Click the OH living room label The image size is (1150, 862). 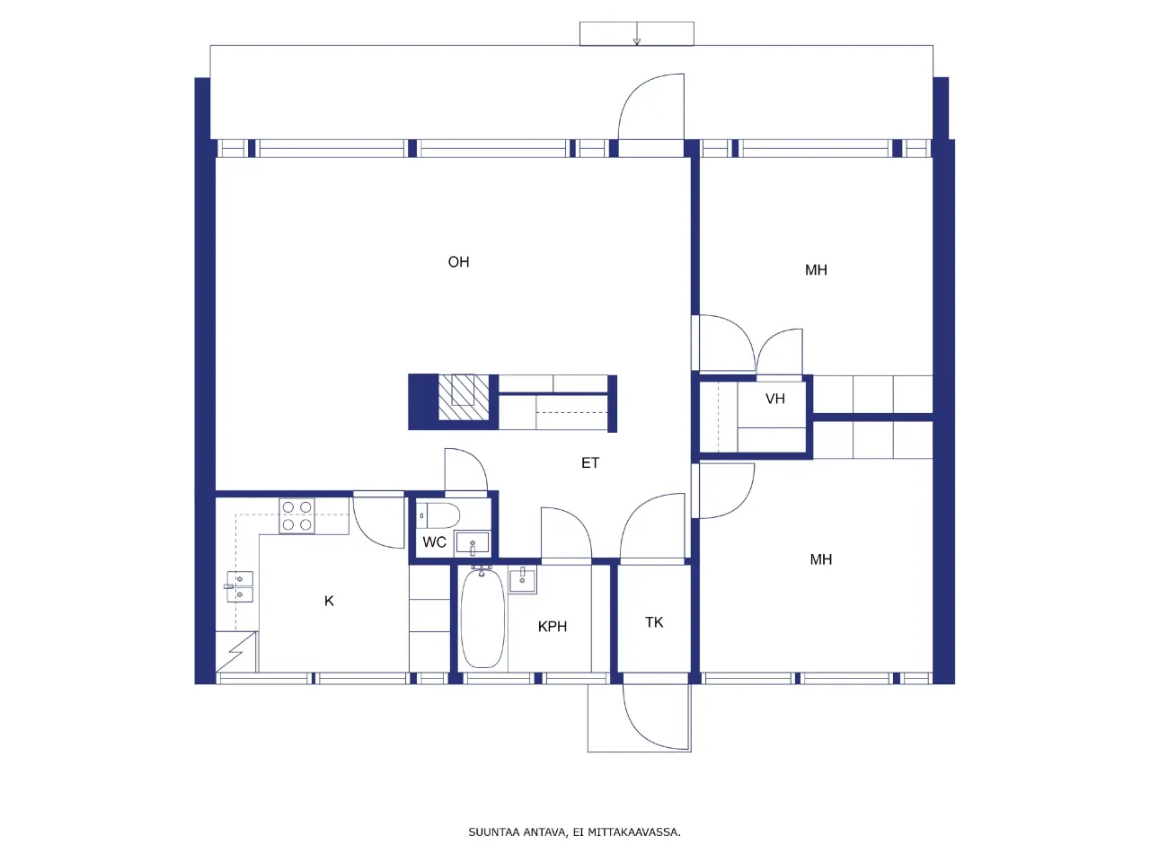coord(458,262)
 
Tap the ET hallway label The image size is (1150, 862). coord(589,463)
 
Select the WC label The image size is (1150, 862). coord(434,542)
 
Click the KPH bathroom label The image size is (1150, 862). coord(552,627)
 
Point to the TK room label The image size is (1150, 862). coord(654,622)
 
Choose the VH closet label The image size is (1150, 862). coord(774,399)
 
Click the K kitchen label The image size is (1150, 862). coord(329,602)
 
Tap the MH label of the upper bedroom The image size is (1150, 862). coord(816,270)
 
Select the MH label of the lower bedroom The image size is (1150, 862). coord(820,559)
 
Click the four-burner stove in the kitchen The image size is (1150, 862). coord(296,516)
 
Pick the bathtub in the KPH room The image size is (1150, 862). coord(482,618)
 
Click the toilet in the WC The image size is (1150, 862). coord(440,515)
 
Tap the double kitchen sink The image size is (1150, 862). coord(239,586)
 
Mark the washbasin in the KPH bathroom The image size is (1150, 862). coord(523,580)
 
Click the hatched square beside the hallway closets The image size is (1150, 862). coord(464,397)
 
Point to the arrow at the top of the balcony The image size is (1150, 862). coord(636,38)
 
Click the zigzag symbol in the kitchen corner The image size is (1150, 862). coord(235,651)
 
